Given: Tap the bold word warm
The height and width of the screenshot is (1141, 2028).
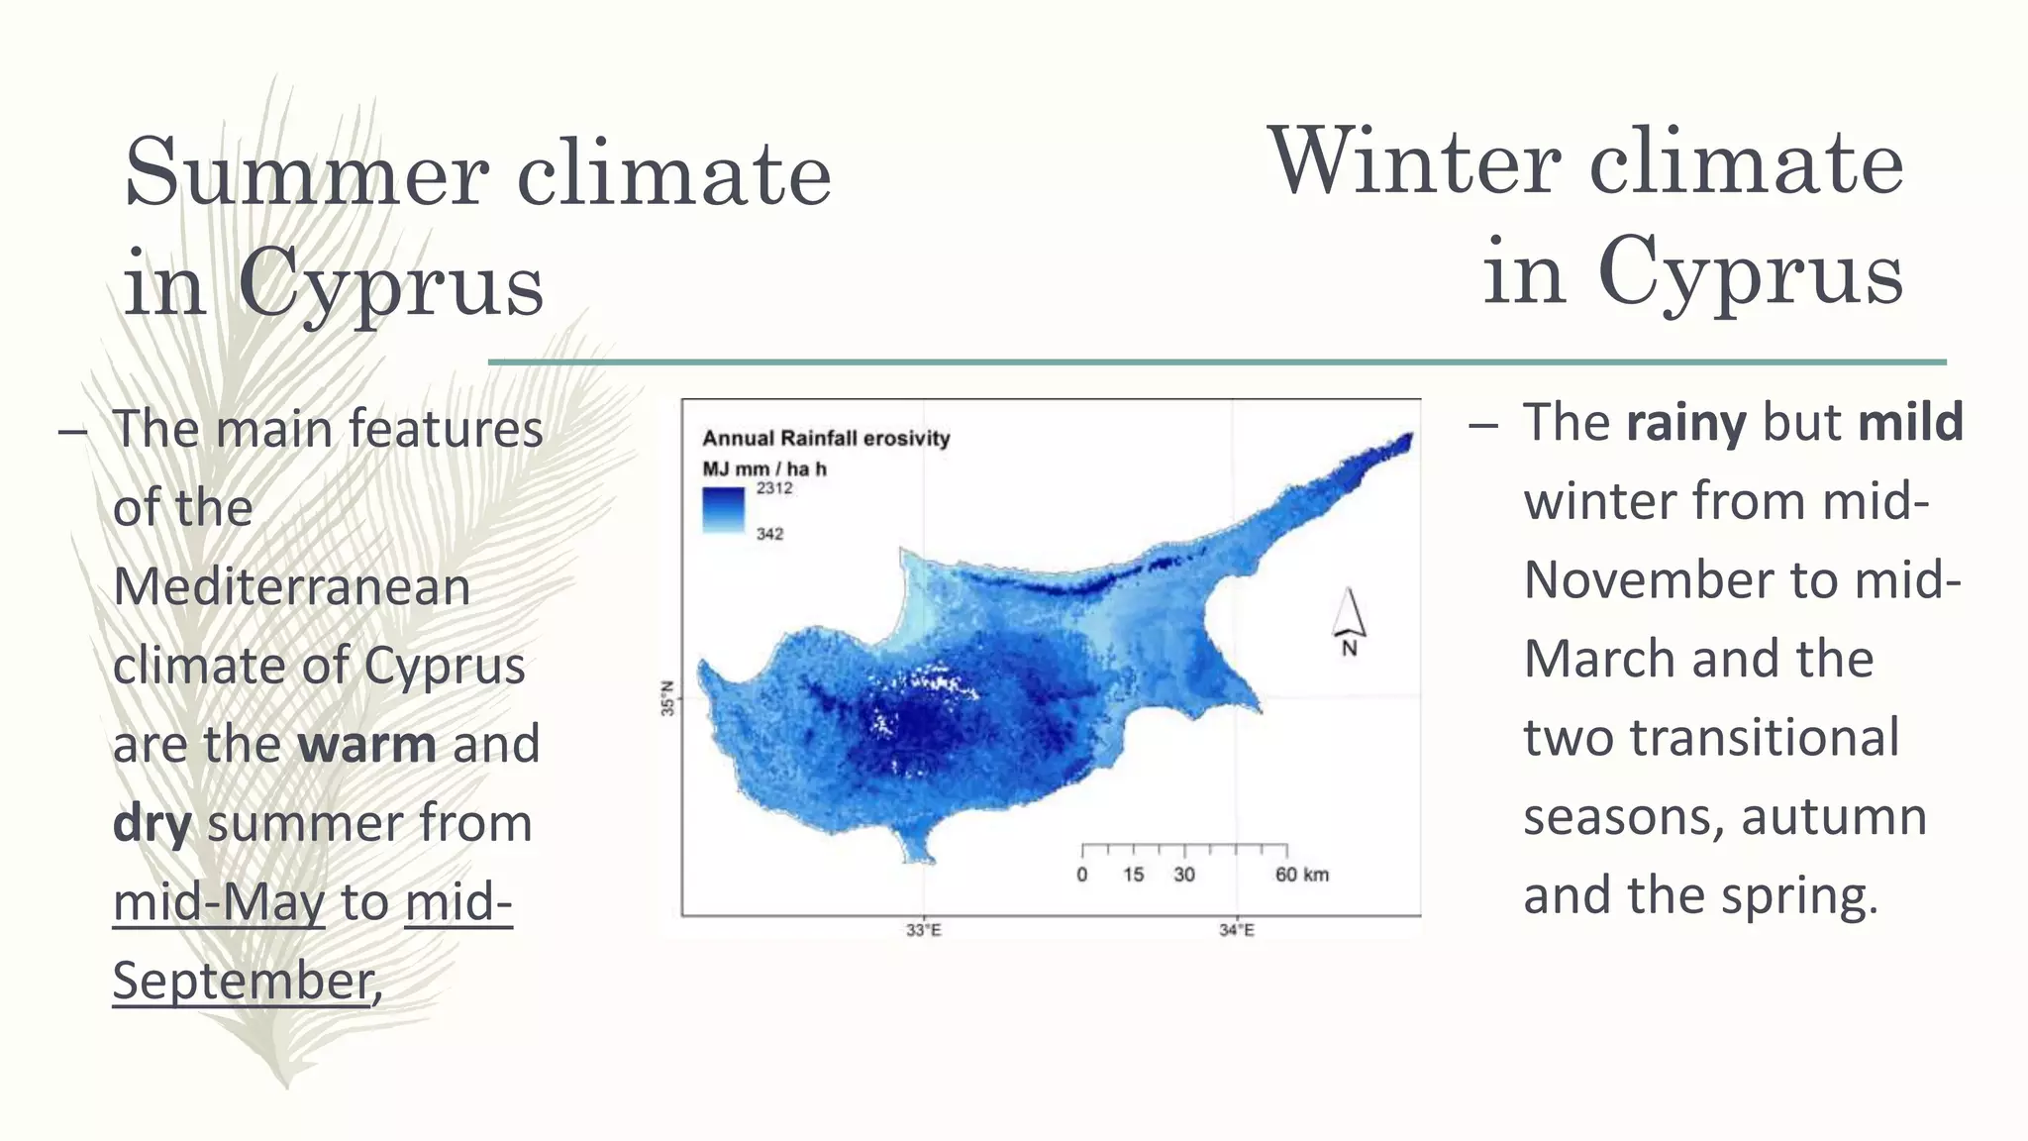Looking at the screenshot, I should point(366,744).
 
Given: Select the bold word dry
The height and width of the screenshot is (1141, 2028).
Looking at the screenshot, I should point(152,823).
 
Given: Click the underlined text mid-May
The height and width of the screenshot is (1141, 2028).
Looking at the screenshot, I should point(218,902).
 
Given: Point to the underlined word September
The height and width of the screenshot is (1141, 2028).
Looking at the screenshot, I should point(243,981).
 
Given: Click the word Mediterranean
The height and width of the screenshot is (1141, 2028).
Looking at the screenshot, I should point(291,586).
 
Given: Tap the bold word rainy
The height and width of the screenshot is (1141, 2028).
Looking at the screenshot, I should point(1685,423).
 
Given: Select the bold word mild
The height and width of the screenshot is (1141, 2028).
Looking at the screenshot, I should point(1910,423).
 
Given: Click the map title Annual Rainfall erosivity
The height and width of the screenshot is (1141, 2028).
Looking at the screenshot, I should point(826,438).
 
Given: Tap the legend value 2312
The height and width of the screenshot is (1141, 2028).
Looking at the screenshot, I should point(774,488).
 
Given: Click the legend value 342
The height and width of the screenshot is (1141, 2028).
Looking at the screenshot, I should point(769,534).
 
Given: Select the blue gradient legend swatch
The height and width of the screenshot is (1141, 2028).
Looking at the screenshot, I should point(723,511).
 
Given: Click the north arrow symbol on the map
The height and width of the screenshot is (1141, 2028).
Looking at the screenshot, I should point(1349,620).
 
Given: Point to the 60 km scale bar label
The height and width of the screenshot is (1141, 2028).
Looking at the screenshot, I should point(1301,875).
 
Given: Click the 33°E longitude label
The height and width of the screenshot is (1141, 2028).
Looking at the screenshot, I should point(923,930).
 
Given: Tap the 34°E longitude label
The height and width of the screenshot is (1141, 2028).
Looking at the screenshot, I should point(1236,930).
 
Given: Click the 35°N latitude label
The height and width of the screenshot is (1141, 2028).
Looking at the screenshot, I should point(667,698).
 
